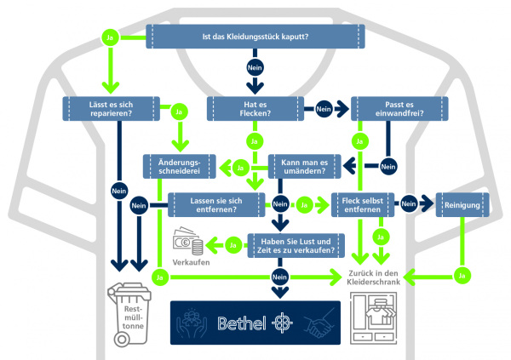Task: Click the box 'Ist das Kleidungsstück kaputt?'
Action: (255, 37)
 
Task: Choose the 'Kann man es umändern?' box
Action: (305, 167)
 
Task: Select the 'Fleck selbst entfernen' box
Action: (365, 204)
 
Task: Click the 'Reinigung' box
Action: (463, 204)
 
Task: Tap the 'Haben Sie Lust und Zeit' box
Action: (297, 245)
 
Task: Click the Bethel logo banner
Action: (255, 323)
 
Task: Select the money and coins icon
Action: (189, 244)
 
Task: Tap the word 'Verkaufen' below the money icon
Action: (191, 263)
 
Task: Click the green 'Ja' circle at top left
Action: (108, 37)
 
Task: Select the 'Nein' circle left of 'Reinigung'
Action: (409, 204)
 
